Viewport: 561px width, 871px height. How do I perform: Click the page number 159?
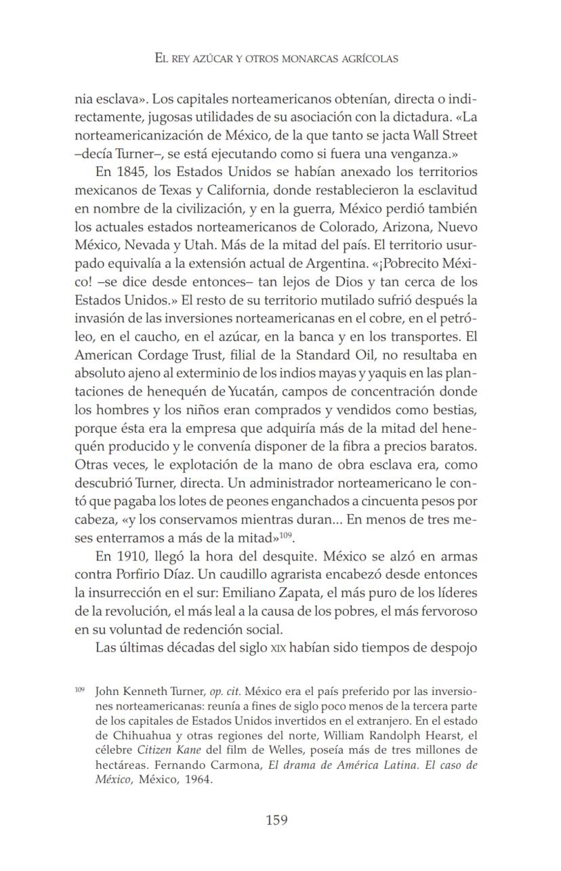[276, 820]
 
